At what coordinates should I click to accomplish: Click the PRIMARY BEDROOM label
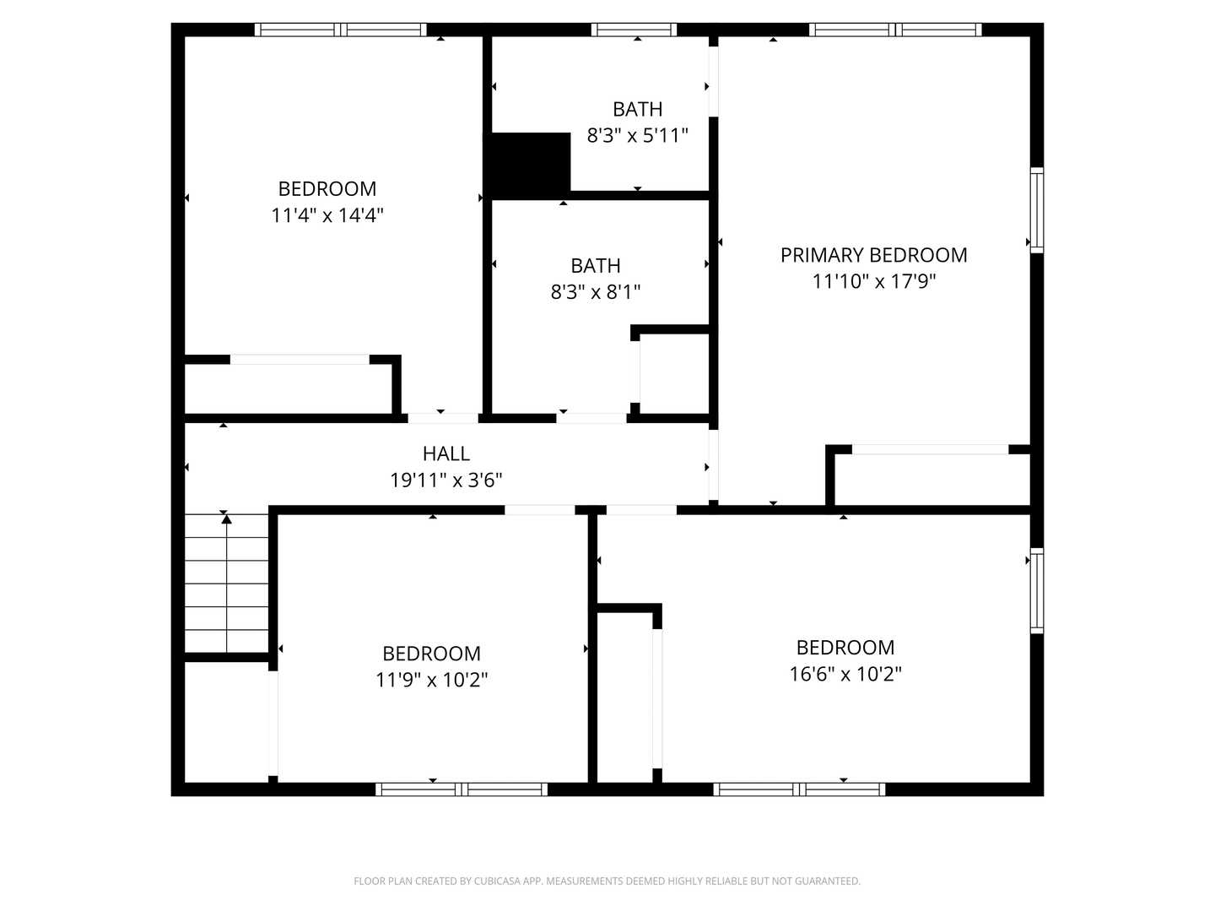pos(873,255)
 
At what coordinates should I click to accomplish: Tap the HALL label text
pos(446,454)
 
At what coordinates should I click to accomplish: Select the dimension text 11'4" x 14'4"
pos(327,214)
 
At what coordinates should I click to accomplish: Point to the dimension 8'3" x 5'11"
pos(637,135)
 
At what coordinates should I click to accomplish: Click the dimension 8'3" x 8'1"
pos(595,292)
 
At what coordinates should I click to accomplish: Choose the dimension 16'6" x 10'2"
pos(845,674)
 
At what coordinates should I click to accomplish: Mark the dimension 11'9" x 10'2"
pos(432,680)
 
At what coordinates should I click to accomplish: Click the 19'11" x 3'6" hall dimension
pos(446,480)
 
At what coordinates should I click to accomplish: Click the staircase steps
pos(226,584)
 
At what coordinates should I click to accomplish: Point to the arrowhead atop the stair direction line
pos(226,518)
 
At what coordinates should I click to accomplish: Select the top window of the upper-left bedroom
pos(340,30)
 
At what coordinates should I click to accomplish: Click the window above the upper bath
pos(634,30)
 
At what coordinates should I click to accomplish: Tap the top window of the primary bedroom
pos(895,30)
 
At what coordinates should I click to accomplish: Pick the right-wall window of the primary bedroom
pos(1037,210)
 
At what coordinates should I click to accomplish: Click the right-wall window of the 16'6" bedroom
pos(1037,590)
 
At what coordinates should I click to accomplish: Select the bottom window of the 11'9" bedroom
pos(462,790)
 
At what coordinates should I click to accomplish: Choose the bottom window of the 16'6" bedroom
pos(799,790)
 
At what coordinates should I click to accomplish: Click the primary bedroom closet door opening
pos(930,449)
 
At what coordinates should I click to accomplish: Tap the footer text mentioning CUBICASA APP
pos(607,881)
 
